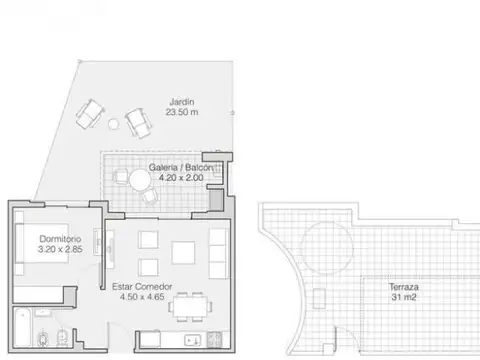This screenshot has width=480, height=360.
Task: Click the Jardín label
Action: point(180,101)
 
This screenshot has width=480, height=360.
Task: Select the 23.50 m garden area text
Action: point(180,113)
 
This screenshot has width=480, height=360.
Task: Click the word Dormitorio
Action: point(59,240)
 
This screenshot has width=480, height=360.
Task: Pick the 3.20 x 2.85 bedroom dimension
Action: point(59,251)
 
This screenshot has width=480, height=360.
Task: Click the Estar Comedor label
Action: point(141,286)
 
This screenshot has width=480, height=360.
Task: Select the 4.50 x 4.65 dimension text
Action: point(141,297)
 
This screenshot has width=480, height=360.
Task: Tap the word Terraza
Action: point(404,287)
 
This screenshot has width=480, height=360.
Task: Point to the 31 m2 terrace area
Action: point(404,298)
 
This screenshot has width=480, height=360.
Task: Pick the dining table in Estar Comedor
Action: point(189,304)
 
